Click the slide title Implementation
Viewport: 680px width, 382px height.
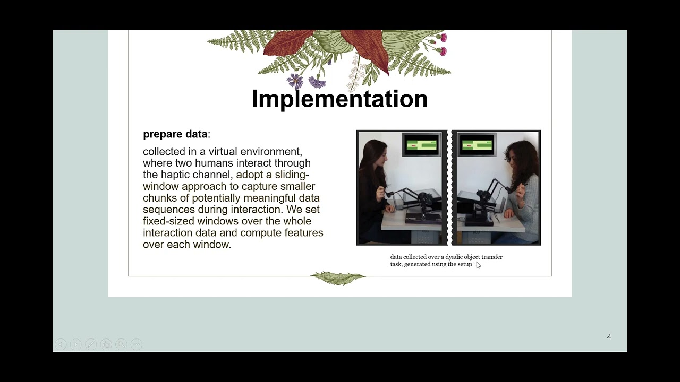click(339, 99)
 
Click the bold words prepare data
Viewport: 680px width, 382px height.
click(175, 134)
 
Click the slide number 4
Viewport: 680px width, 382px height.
click(609, 337)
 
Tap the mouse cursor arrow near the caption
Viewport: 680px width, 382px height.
click(478, 265)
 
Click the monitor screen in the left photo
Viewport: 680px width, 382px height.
click(421, 144)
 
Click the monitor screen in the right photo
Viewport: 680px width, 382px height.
click(477, 144)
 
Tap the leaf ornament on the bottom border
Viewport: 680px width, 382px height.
click(338, 277)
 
